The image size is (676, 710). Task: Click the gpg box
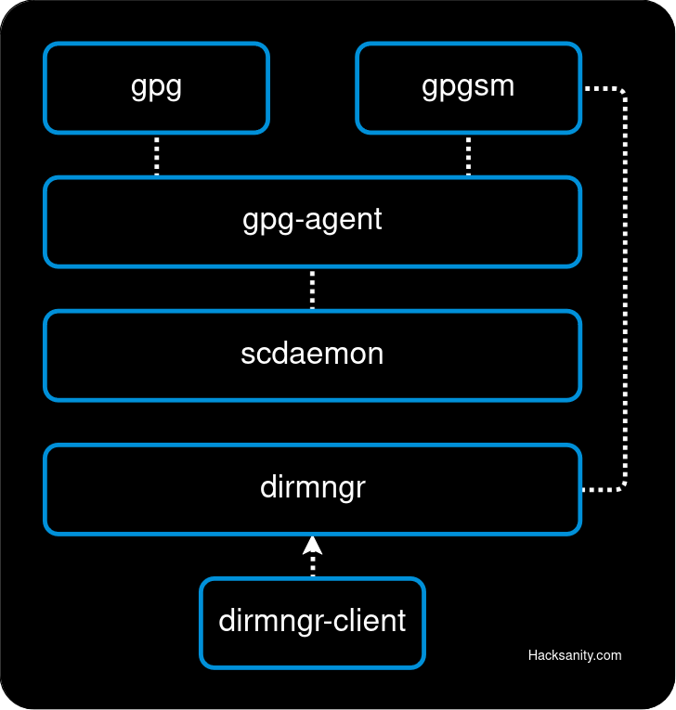[156, 87]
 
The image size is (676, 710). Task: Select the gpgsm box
[468, 87]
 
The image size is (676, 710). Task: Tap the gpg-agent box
[312, 221]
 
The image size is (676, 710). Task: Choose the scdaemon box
[312, 355]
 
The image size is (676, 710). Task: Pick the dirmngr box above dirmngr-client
[312, 488]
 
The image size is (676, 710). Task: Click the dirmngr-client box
[312, 622]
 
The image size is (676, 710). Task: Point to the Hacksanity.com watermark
[575, 655]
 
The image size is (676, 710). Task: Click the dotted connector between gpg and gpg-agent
[156, 155]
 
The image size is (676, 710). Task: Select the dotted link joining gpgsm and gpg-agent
[468, 155]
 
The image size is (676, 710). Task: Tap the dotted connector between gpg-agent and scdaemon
[312, 289]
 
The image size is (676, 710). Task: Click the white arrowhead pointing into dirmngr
[312, 545]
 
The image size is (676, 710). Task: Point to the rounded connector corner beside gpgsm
[621, 92]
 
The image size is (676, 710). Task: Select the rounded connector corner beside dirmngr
[621, 484]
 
